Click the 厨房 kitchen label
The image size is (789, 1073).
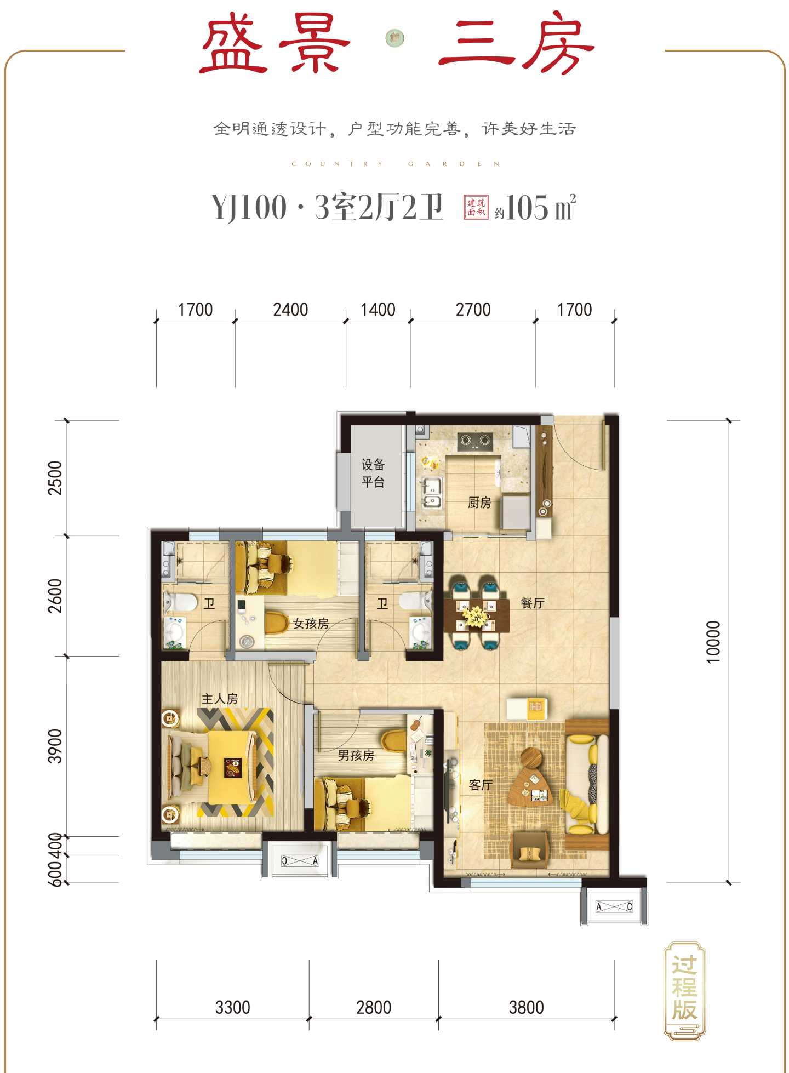click(x=479, y=502)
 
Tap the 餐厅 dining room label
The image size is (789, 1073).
click(x=533, y=603)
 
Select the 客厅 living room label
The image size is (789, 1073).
click(x=481, y=785)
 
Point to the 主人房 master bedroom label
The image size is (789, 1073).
click(x=220, y=699)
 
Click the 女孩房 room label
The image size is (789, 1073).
click(x=311, y=623)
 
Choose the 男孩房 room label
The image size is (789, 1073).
click(x=356, y=755)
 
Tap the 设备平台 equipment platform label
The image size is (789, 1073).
click(x=373, y=473)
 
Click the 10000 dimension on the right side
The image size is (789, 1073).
click(x=713, y=642)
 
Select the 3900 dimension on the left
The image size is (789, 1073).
click(x=55, y=746)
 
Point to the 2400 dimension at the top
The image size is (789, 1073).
click(x=290, y=310)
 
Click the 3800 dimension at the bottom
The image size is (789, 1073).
click(x=526, y=1007)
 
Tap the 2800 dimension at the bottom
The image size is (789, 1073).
click(x=374, y=1007)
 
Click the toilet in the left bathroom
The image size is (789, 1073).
click(x=180, y=602)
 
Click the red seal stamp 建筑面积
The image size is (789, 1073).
click(x=476, y=207)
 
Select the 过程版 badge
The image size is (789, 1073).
click(x=684, y=991)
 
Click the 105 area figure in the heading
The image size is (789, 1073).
click(x=527, y=208)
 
